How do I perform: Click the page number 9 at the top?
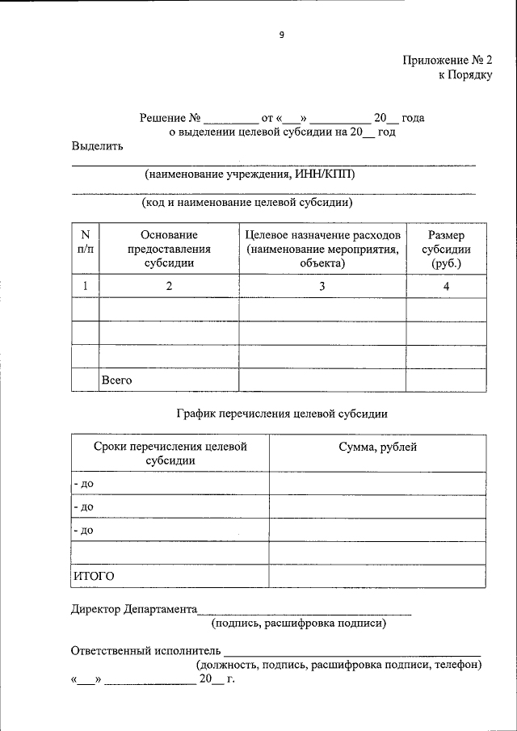pos(281,35)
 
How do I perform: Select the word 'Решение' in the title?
pos(163,118)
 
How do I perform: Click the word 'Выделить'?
pos(97,146)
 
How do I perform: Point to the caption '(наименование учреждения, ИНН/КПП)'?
pos(249,174)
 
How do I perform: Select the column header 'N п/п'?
pos(85,242)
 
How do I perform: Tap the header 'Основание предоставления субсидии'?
pos(169,248)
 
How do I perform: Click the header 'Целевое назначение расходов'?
pos(322,234)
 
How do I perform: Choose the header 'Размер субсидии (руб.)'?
pos(446,248)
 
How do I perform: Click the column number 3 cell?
pos(322,287)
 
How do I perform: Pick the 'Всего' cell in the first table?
pos(116,379)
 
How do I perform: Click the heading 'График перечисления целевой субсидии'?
pos(282,414)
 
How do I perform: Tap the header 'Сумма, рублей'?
pos(378,447)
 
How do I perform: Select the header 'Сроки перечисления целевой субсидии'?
pos(170,453)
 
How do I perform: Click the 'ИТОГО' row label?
pos(94,576)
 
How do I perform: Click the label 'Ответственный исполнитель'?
pos(146,650)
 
